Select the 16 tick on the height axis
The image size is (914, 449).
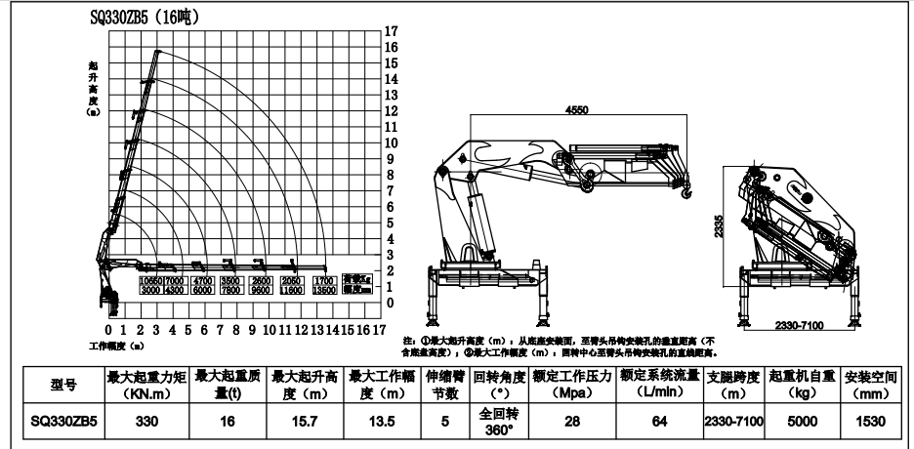[391, 47]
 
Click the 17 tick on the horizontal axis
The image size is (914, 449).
[379, 330]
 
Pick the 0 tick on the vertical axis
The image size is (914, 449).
[391, 304]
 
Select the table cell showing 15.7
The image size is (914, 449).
[304, 421]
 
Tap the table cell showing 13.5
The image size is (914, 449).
[382, 421]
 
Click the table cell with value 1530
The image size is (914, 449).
[869, 421]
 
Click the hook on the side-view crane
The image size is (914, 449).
[685, 194]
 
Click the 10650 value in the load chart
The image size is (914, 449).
[150, 280]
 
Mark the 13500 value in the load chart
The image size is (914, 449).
[324, 290]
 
